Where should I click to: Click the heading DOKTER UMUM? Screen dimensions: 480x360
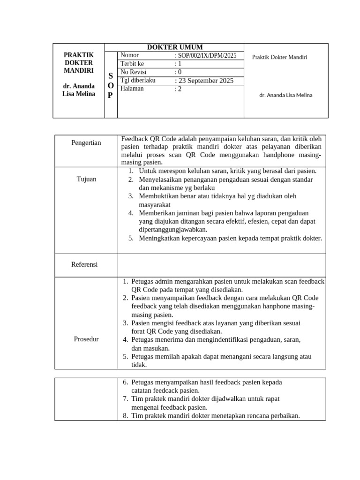pos(175,47)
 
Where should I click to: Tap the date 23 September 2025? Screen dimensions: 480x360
pos(205,81)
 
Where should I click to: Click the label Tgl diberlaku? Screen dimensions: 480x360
pos(138,80)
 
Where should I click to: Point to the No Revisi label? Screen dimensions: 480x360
pos(134,72)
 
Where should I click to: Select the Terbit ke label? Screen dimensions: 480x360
pos(133,64)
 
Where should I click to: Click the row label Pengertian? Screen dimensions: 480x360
pos(86,142)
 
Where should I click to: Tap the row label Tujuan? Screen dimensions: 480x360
pos(86,179)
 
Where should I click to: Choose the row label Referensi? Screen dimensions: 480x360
pos(84,264)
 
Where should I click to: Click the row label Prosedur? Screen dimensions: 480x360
pos(86,339)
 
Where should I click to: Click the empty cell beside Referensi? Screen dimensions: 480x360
pos(221,265)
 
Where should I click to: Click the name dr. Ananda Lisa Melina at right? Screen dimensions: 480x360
pos(285,95)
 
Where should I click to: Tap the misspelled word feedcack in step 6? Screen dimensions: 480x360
pos(168,390)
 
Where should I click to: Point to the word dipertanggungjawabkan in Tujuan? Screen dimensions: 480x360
pos(173,230)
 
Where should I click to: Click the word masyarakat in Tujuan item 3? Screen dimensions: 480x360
pos(154,205)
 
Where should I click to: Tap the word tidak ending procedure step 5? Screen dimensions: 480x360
pos(139,365)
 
